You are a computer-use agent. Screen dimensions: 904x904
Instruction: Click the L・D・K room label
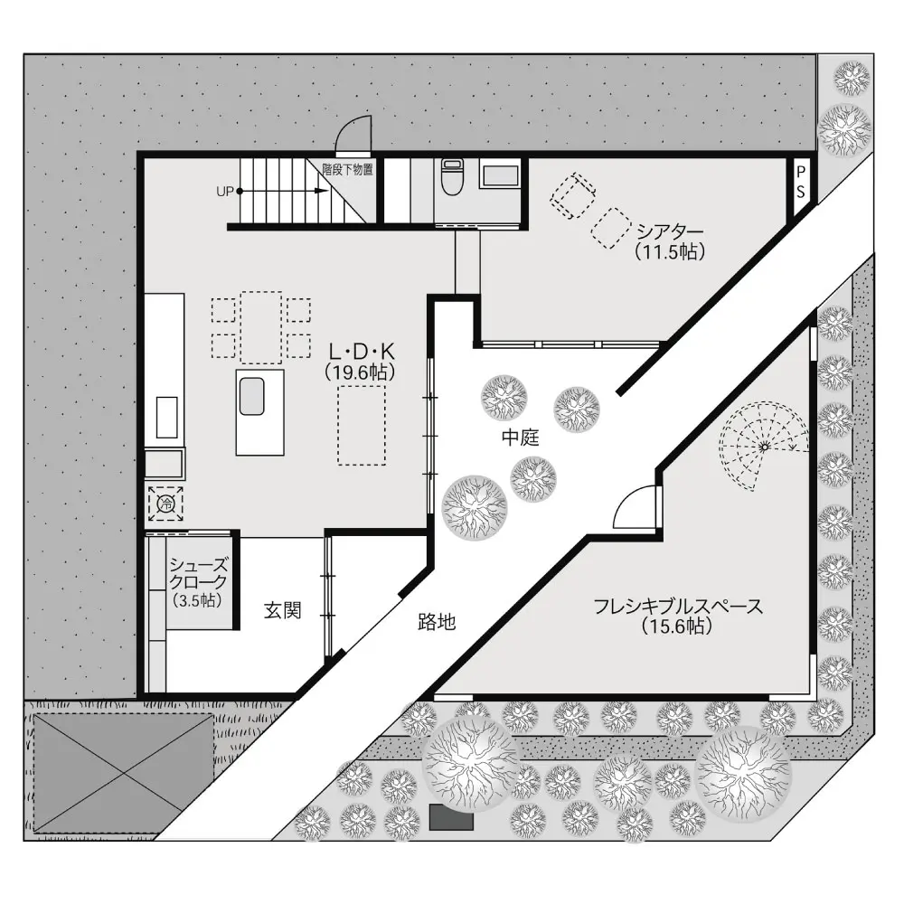362,351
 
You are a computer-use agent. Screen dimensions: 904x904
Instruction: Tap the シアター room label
670,231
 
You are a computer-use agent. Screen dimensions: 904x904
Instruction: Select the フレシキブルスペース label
678,606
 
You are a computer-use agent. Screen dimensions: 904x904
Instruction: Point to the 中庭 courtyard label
521,438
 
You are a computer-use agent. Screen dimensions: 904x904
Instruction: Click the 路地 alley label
437,622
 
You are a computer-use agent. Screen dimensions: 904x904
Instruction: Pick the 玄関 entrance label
282,610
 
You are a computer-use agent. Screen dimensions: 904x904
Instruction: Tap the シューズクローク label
198,573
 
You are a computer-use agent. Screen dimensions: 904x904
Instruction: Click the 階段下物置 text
348,170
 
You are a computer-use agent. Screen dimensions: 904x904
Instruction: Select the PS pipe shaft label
801,183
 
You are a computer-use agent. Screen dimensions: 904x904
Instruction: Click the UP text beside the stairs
225,192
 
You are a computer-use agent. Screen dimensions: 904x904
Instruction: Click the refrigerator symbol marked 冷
166,504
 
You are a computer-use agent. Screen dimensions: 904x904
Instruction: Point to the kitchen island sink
251,396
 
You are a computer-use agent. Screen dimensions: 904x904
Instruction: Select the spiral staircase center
765,447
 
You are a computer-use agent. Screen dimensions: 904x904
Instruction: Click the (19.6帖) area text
361,372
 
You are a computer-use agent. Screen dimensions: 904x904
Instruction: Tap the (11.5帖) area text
670,251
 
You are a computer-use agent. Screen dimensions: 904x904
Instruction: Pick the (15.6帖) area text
676,626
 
